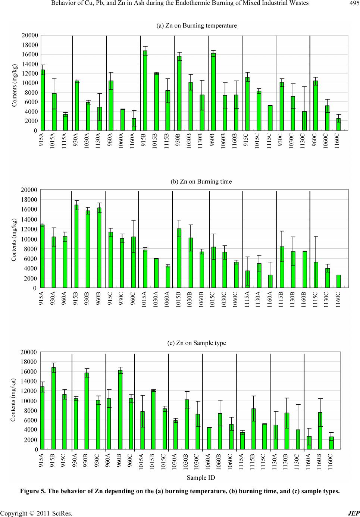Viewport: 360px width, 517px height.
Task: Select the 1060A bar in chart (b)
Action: tap(168, 277)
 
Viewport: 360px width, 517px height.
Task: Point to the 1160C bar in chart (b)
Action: tap(339, 281)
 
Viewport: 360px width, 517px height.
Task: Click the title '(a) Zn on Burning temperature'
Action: tap(196, 26)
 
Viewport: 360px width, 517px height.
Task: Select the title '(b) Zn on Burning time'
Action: tap(201, 182)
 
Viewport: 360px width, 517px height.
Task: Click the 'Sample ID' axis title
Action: tap(201, 477)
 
